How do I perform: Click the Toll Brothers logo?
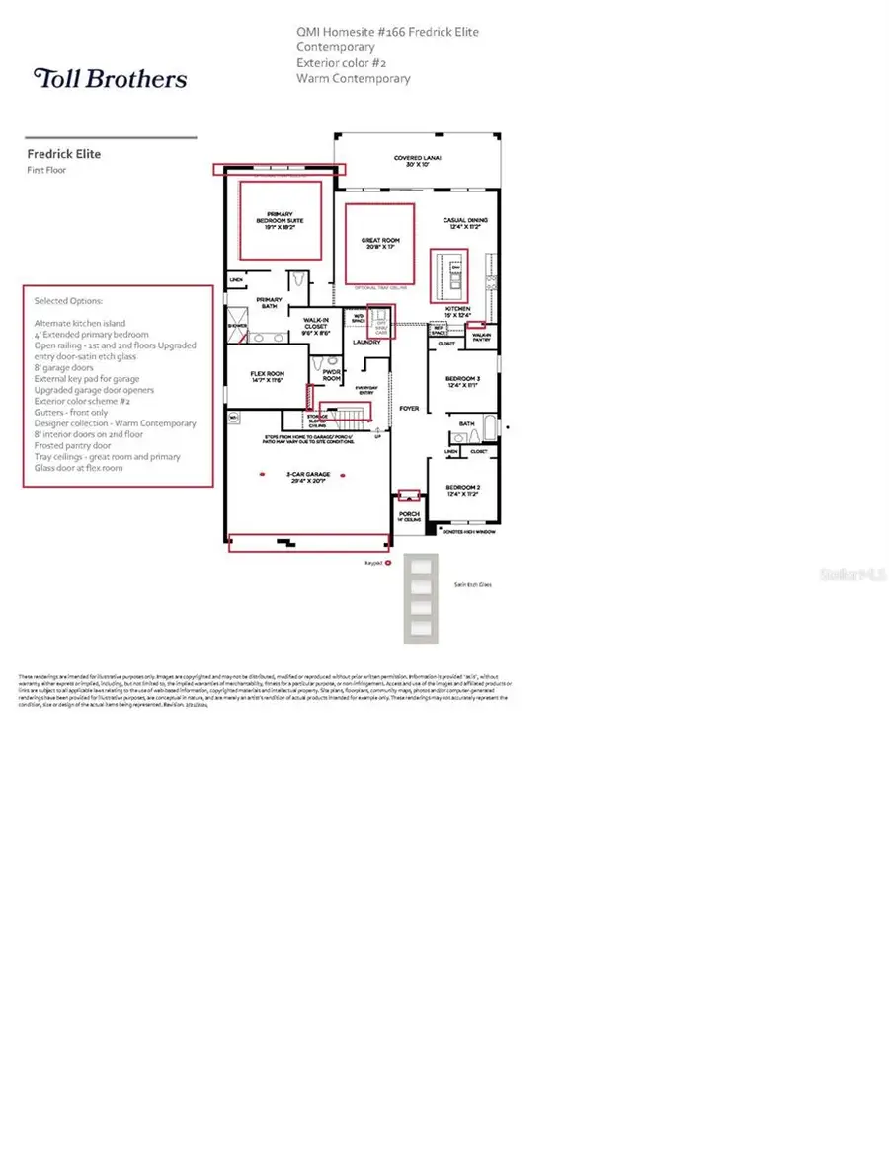[x=110, y=78]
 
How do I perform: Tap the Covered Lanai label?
[x=418, y=160]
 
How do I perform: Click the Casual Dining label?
[x=464, y=223]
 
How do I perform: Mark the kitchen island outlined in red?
[x=449, y=275]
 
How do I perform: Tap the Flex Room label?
[x=267, y=376]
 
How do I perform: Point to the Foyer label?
[x=409, y=407]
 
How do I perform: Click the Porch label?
[x=408, y=515]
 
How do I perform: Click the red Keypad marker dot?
[x=388, y=561]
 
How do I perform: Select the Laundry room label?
[x=367, y=343]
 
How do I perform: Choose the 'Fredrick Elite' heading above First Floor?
[x=63, y=154]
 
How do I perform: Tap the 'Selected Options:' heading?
[x=68, y=300]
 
